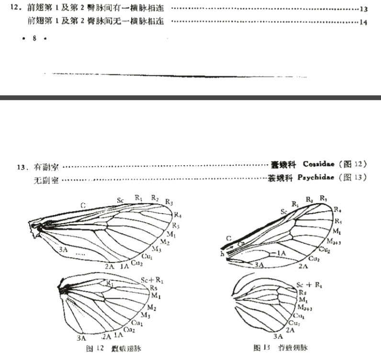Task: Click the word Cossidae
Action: [318, 164]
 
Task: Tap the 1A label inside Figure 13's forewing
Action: [282, 252]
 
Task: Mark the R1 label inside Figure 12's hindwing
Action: [109, 283]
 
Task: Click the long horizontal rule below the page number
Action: [177, 76]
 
